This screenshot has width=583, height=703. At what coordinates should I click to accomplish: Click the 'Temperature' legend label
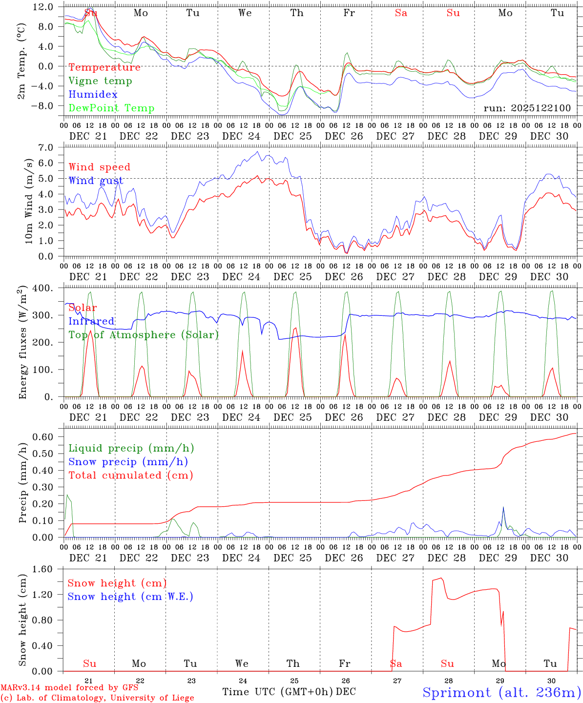click(x=104, y=67)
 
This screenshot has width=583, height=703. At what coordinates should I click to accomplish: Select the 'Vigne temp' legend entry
click(x=100, y=81)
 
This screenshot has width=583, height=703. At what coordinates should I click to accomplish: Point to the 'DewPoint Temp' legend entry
click(x=111, y=108)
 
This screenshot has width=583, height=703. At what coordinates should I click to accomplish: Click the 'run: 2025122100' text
click(x=527, y=108)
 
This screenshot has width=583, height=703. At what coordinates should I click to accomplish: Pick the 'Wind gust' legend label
click(x=96, y=181)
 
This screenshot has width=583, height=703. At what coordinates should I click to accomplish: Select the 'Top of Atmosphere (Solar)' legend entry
click(x=144, y=335)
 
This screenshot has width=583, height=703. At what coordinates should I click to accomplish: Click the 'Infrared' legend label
click(x=91, y=321)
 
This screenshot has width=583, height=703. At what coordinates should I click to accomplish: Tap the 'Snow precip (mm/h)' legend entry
click(x=128, y=462)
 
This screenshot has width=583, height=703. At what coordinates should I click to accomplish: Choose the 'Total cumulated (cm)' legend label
click(x=130, y=476)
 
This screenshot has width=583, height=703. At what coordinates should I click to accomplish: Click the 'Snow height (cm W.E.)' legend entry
click(x=130, y=597)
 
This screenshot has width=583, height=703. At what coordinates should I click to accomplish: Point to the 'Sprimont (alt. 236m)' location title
click(x=501, y=693)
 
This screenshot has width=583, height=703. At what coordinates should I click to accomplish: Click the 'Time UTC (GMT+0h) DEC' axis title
click(x=289, y=692)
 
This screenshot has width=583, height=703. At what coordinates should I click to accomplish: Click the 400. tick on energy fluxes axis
click(x=43, y=288)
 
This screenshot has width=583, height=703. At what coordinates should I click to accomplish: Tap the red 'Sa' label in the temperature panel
click(x=401, y=13)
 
